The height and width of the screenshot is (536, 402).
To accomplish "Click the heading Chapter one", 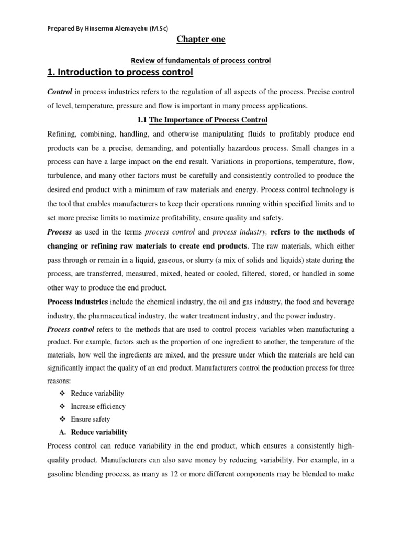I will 200,40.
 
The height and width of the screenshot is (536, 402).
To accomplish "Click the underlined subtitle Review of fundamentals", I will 200,60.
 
